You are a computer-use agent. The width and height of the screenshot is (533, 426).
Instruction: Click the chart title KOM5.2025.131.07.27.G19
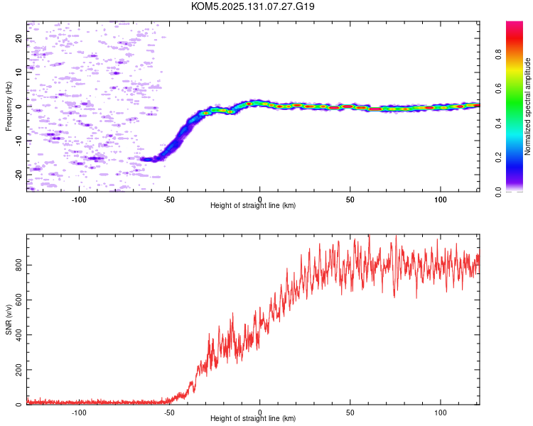click(252, 6)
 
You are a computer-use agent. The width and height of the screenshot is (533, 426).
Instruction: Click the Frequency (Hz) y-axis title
click(9, 106)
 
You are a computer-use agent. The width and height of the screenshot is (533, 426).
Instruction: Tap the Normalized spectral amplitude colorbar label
click(527, 106)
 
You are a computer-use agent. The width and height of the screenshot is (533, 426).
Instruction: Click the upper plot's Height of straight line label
click(253, 205)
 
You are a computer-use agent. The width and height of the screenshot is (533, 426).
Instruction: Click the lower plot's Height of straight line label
click(253, 418)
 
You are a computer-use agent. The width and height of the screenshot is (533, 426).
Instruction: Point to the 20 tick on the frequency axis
click(18, 38)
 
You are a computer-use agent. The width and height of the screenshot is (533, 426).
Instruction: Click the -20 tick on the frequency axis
click(18, 175)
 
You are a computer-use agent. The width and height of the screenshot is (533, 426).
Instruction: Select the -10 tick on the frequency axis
click(18, 141)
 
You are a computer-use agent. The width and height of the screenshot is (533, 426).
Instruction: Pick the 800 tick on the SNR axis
click(18, 265)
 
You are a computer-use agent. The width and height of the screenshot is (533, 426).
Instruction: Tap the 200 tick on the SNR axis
click(18, 370)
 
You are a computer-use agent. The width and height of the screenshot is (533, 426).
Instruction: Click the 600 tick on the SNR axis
click(18, 300)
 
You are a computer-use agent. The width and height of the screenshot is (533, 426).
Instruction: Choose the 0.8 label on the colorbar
click(498, 55)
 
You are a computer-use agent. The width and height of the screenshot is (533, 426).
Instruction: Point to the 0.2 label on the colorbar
click(498, 158)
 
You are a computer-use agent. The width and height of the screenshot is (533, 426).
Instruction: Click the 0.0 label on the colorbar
click(498, 192)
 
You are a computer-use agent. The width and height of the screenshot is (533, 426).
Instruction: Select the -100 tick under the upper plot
click(79, 200)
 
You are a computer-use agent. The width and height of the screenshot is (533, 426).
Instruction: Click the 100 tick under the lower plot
click(441, 413)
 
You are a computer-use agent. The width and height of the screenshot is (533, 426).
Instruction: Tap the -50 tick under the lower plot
click(169, 413)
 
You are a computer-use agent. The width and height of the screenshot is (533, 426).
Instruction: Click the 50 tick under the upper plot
click(350, 200)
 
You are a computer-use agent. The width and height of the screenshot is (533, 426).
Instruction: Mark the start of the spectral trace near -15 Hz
click(141, 158)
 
